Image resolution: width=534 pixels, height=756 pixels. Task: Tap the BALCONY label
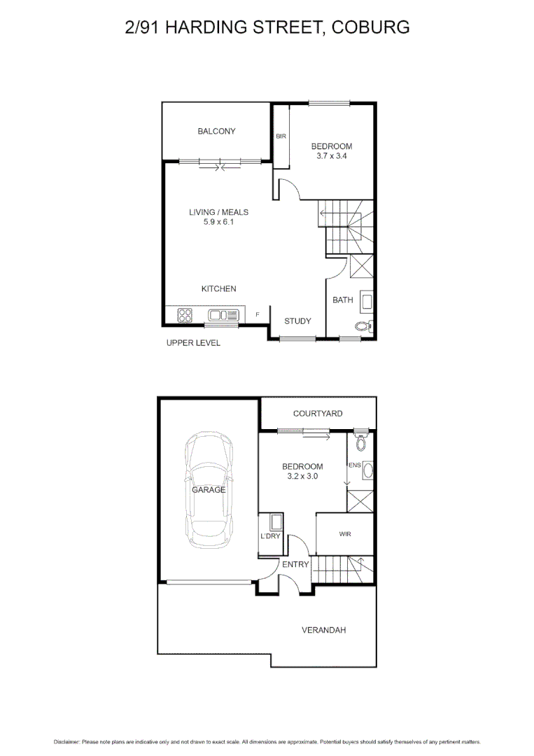216,131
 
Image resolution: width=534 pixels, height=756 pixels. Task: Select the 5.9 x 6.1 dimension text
218,222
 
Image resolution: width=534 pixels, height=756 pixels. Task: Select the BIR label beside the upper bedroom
281,136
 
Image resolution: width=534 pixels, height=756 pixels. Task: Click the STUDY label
297,321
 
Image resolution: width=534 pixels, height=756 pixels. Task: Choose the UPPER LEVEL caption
193,343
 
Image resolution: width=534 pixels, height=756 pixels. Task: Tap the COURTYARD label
318,414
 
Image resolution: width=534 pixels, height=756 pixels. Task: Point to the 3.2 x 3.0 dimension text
302,477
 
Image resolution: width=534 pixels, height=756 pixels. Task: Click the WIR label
344,534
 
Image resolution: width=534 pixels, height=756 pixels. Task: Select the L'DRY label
270,536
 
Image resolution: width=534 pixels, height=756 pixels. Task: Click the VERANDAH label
324,630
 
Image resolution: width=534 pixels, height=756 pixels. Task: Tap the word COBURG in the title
371,27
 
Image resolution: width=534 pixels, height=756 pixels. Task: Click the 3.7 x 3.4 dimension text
331,157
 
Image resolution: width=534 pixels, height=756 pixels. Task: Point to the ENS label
354,464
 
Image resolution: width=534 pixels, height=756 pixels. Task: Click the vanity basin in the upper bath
366,302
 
